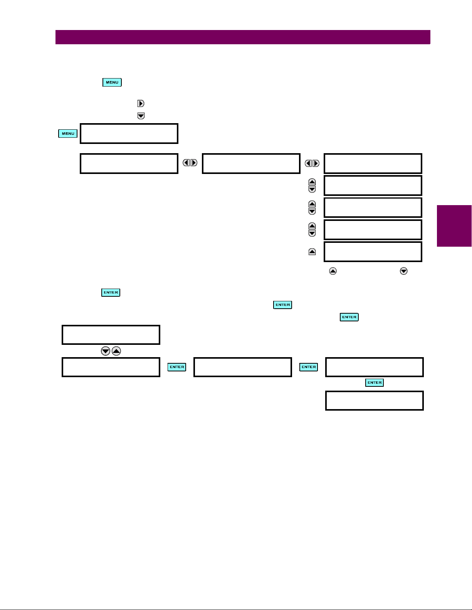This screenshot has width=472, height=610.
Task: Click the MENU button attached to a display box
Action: [x=68, y=134]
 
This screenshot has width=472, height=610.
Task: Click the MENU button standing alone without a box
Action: [x=112, y=82]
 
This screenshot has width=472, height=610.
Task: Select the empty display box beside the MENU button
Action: [x=129, y=134]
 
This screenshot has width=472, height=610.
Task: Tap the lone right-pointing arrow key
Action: [x=141, y=104]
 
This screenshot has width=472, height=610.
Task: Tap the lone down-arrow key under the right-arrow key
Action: [x=141, y=116]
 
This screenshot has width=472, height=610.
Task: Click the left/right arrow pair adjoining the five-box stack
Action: [x=312, y=163]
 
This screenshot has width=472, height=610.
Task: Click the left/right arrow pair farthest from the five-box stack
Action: [x=190, y=163]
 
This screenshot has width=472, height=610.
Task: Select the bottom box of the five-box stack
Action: [x=373, y=252]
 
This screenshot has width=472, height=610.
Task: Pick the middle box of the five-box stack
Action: [x=373, y=208]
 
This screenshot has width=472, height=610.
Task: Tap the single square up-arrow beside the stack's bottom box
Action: [x=312, y=252]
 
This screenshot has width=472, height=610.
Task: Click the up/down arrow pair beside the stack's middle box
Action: [x=312, y=208]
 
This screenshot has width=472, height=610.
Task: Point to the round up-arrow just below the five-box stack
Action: [x=333, y=271]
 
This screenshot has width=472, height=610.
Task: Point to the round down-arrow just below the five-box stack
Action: [x=403, y=271]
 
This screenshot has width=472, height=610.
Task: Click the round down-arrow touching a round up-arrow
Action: [x=105, y=351]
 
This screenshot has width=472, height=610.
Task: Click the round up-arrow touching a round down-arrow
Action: [x=116, y=351]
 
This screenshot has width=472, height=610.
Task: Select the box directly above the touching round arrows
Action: [x=111, y=335]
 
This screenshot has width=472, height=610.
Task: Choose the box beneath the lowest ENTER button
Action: [x=374, y=401]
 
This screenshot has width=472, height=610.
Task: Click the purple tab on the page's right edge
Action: [x=454, y=226]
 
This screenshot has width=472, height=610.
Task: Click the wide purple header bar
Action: [x=243, y=37]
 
